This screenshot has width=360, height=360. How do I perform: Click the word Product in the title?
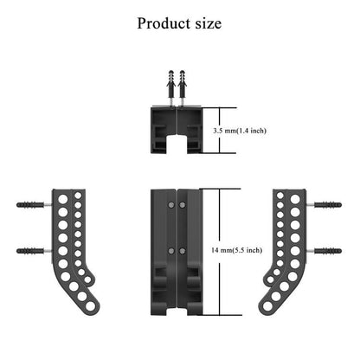click(164, 23)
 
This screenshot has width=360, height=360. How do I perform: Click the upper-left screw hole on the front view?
click(170, 204)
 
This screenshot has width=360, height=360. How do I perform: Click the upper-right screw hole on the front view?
click(183, 204)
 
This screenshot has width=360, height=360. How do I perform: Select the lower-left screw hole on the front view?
click(170, 249)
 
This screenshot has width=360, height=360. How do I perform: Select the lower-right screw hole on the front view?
click(183, 249)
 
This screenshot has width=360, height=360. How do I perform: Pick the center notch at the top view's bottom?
click(177, 142)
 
